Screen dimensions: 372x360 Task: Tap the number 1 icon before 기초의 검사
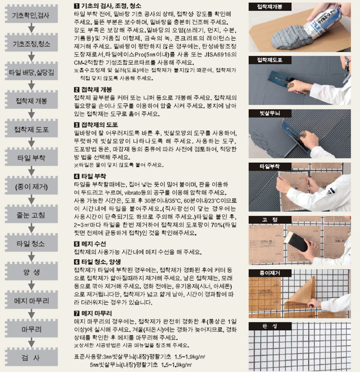tap(76, 7)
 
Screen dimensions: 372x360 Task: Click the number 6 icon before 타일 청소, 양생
tap(76, 262)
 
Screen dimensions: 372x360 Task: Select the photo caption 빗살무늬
tap(266, 113)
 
